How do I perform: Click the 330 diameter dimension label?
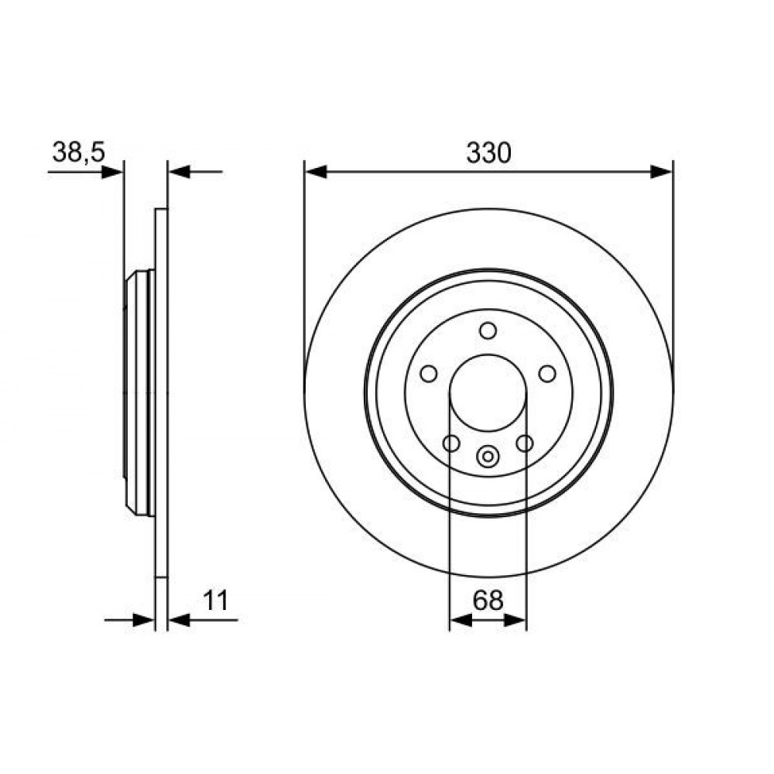tap(488, 153)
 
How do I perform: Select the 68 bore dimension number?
tap(488, 601)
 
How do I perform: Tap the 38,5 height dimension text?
tap(79, 152)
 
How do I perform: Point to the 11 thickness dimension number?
tap(216, 601)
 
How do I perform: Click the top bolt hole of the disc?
tap(488, 330)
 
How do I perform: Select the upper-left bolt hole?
tap(429, 374)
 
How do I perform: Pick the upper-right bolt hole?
tap(547, 374)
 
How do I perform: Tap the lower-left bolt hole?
tap(451, 444)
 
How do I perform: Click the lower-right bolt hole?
tap(524, 444)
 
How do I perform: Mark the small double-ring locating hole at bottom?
tap(488, 456)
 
